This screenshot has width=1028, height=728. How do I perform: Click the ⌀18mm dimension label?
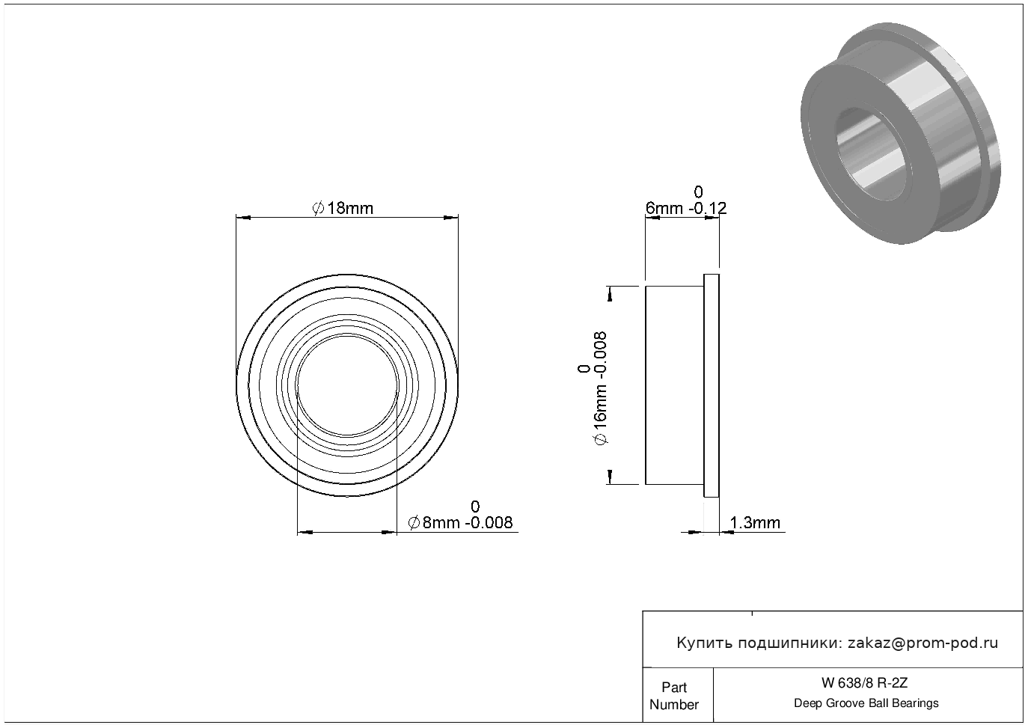(x=343, y=209)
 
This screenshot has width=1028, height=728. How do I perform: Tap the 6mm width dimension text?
(x=664, y=209)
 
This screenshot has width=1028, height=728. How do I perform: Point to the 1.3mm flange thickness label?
(x=755, y=522)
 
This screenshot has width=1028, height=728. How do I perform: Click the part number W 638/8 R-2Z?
(x=865, y=683)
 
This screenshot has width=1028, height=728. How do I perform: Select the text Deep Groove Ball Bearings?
(x=866, y=703)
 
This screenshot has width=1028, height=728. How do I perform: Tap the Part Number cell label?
(x=674, y=696)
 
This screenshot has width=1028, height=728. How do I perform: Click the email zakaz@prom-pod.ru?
(x=923, y=643)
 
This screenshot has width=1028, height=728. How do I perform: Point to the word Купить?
(x=705, y=643)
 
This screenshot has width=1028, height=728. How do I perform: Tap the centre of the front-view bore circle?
(x=347, y=385)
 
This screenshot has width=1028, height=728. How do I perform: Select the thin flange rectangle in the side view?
(x=712, y=385)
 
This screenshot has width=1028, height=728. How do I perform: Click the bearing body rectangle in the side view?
(x=675, y=385)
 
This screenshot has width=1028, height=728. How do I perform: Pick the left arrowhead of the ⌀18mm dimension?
(x=242, y=218)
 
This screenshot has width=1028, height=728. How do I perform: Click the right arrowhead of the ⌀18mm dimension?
(x=453, y=218)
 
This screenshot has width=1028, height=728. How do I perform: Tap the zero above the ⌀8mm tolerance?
(x=475, y=507)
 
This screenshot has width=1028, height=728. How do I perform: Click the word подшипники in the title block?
(x=789, y=643)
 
